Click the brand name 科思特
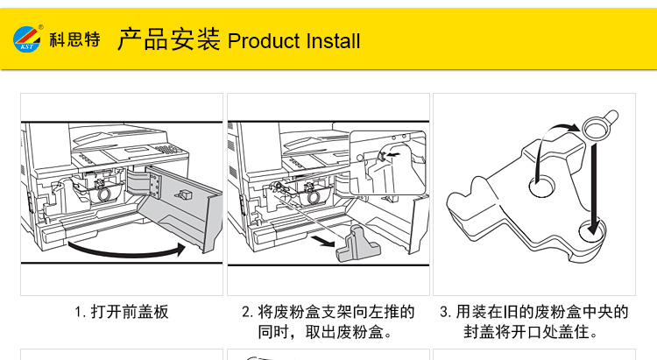pyautogui.click(x=74, y=39)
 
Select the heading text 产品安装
pyautogui.click(x=168, y=39)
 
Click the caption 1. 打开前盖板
pyautogui.click(x=121, y=312)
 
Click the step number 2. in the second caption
pyautogui.click(x=247, y=312)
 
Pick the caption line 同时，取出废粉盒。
pyautogui.click(x=325, y=333)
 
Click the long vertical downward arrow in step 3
pyautogui.click(x=595, y=184)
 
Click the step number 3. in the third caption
pyautogui.click(x=445, y=312)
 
